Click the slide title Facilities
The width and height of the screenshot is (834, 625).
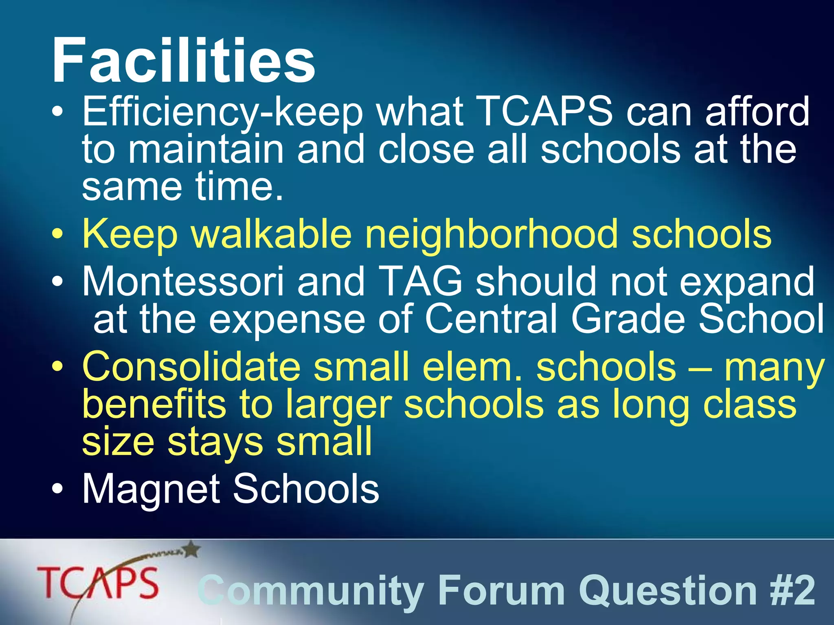click(183, 61)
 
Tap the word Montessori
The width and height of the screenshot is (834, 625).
click(183, 282)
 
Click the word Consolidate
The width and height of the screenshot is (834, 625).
click(191, 367)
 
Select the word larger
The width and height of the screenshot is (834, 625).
click(338, 405)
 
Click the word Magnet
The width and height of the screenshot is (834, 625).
click(151, 490)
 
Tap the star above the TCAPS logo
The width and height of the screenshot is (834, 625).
click(192, 550)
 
